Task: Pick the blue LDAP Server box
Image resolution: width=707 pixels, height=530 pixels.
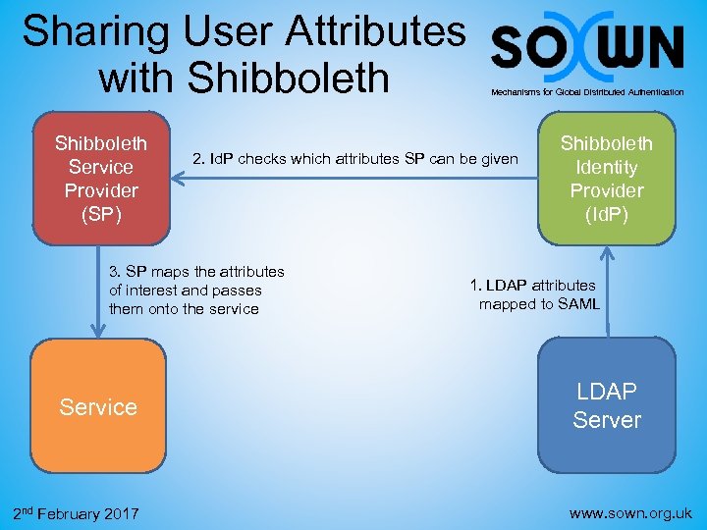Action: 606,405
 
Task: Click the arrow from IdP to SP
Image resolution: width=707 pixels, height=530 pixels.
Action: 353,178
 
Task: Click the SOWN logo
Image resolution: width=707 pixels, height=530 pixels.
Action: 587,46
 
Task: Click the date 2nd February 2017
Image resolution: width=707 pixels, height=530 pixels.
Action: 76,513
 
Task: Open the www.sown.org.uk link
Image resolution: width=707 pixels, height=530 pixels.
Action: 630,512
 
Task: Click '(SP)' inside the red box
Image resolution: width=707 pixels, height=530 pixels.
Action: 101,213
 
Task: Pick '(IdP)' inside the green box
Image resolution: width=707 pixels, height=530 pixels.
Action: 607,213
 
